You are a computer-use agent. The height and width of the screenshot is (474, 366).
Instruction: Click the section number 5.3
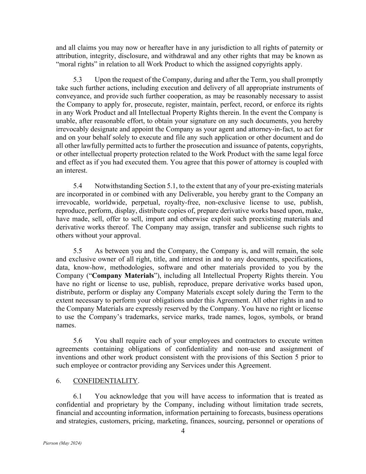[x=77, y=80]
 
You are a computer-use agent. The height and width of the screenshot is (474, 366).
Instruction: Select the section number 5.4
[x=77, y=186]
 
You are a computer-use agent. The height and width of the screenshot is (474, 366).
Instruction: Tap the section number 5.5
[x=77, y=251]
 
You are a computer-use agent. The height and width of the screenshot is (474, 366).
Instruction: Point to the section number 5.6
[x=77, y=341]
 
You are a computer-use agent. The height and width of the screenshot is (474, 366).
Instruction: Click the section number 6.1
[x=77, y=396]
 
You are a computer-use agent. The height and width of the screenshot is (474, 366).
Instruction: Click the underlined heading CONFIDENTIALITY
[x=105, y=381]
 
